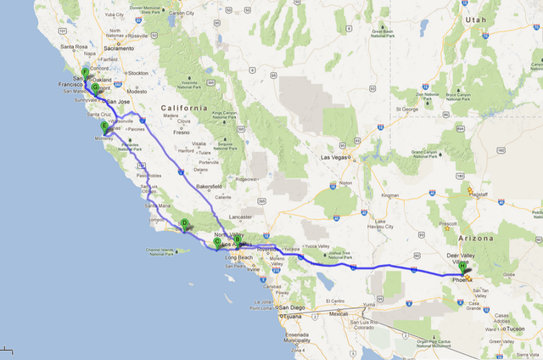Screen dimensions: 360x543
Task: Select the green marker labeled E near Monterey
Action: (104, 127)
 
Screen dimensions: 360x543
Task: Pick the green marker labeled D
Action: (183, 223)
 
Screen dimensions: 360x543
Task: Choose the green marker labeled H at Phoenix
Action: (464, 271)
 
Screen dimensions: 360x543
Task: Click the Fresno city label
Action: (182, 132)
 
